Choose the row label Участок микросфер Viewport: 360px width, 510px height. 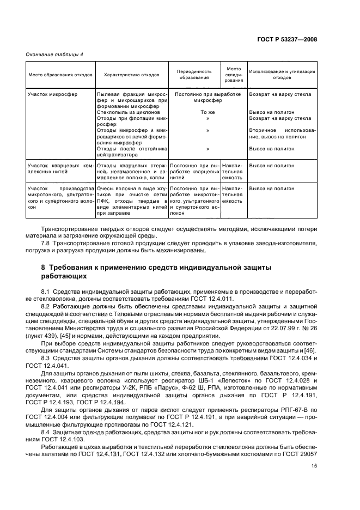click(x=52, y=94)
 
